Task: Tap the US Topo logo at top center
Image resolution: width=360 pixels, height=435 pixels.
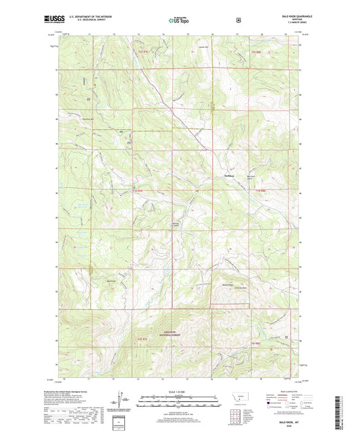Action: click(x=179, y=21)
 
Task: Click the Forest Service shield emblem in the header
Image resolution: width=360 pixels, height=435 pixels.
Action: click(x=238, y=20)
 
